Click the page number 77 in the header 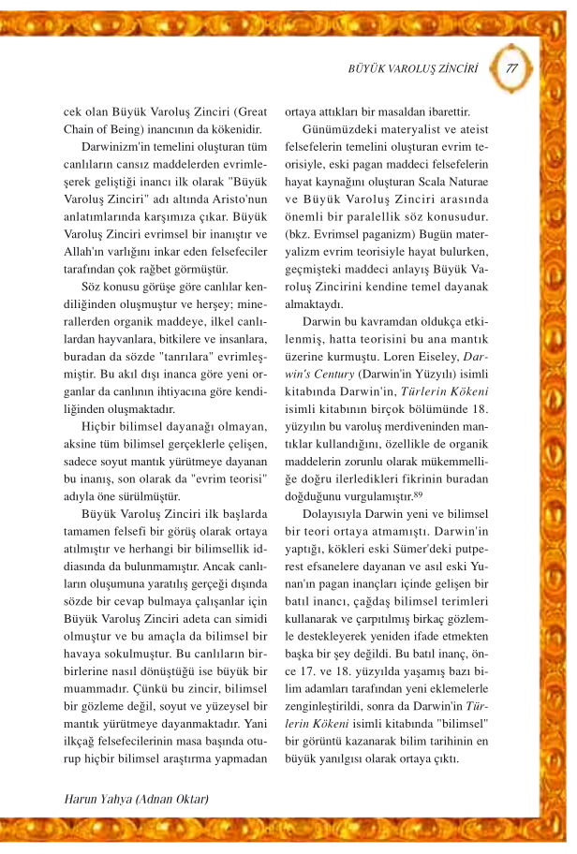511,68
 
